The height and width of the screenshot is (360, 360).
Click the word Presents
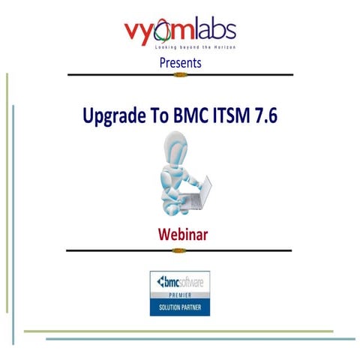[180, 63]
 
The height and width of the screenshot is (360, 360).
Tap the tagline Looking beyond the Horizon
[180, 46]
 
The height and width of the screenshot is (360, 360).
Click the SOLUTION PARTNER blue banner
[179, 308]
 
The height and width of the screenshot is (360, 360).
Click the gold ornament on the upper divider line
[179, 75]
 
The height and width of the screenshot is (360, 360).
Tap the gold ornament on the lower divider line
[179, 250]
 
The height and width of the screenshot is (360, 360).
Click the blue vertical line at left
[13, 225]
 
